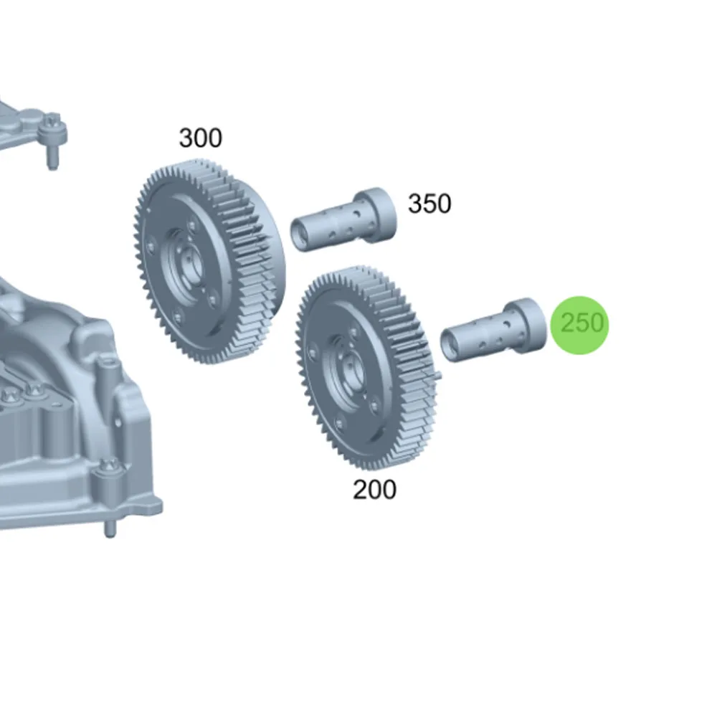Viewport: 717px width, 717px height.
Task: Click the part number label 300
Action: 200,138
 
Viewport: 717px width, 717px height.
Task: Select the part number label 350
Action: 429,204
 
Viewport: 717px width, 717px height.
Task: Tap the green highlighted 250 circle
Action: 580,325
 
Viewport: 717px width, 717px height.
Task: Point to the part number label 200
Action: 374,490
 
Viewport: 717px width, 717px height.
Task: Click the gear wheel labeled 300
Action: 209,261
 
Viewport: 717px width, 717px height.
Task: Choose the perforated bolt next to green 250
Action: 493,330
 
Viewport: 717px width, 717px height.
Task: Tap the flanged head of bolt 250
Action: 527,325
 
